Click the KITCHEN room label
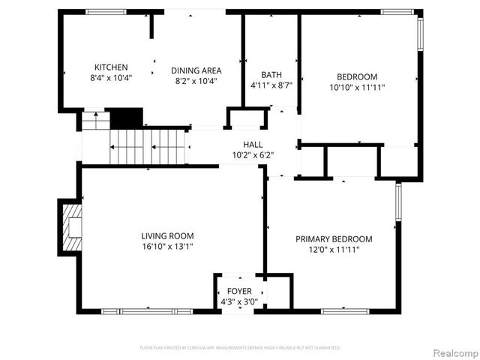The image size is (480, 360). pyautogui.click(x=111, y=67)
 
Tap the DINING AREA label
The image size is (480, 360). pyautogui.click(x=196, y=70)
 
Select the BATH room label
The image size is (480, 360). pyautogui.click(x=271, y=74)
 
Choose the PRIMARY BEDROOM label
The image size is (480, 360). pyautogui.click(x=333, y=239)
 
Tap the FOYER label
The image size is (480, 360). pyautogui.click(x=239, y=291)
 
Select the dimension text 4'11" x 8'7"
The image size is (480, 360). pyautogui.click(x=271, y=85)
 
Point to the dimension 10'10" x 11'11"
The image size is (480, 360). pyautogui.click(x=356, y=87)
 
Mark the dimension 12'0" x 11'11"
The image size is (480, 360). pyautogui.click(x=333, y=250)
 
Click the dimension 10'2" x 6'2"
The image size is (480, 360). pyautogui.click(x=253, y=155)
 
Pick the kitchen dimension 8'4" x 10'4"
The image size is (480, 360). pyautogui.click(x=111, y=78)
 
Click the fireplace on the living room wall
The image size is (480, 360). pyautogui.click(x=70, y=227)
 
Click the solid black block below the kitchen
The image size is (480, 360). pyautogui.click(x=126, y=118)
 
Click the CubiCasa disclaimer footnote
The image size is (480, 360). pyautogui.click(x=240, y=348)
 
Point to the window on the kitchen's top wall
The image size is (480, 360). pyautogui.click(x=105, y=11)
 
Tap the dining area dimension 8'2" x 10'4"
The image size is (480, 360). pyautogui.click(x=196, y=81)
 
